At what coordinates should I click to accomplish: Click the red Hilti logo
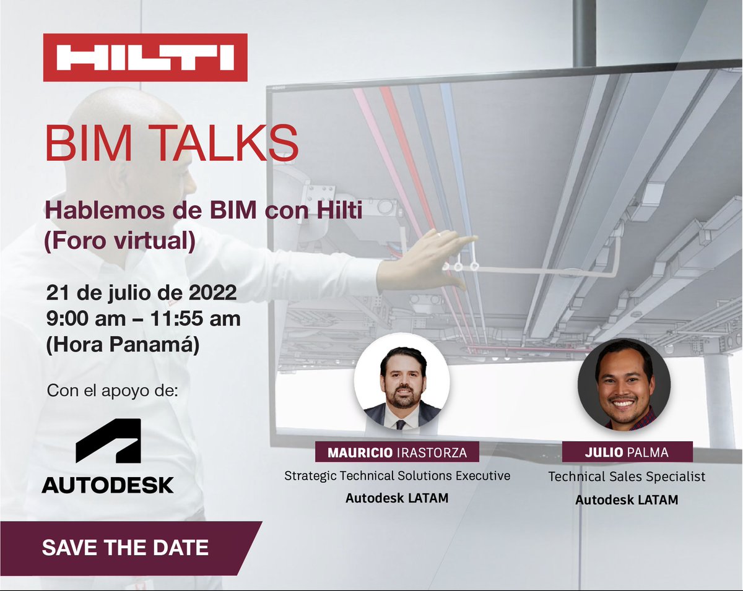pos(145,58)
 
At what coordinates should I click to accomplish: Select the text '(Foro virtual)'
pos(119,241)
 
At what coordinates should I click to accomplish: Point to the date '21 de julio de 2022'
pos(142,292)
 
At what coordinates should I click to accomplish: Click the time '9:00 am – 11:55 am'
pos(144,319)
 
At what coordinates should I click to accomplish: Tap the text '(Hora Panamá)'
pos(123,345)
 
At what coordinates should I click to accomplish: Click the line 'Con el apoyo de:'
pos(112,392)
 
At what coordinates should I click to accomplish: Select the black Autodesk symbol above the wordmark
pos(108,441)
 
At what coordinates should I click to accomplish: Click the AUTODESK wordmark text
pos(108,485)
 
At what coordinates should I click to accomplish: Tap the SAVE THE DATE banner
pos(125,548)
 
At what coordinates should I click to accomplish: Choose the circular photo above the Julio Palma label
pos(624,385)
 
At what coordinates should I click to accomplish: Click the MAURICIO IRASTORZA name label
pos(397,452)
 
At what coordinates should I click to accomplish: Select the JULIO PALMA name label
pos(627,452)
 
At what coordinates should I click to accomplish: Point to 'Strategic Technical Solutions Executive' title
pos(397,476)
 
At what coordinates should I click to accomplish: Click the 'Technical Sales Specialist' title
pos(627,477)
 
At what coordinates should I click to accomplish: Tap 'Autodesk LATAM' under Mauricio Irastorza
pos(397,498)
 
